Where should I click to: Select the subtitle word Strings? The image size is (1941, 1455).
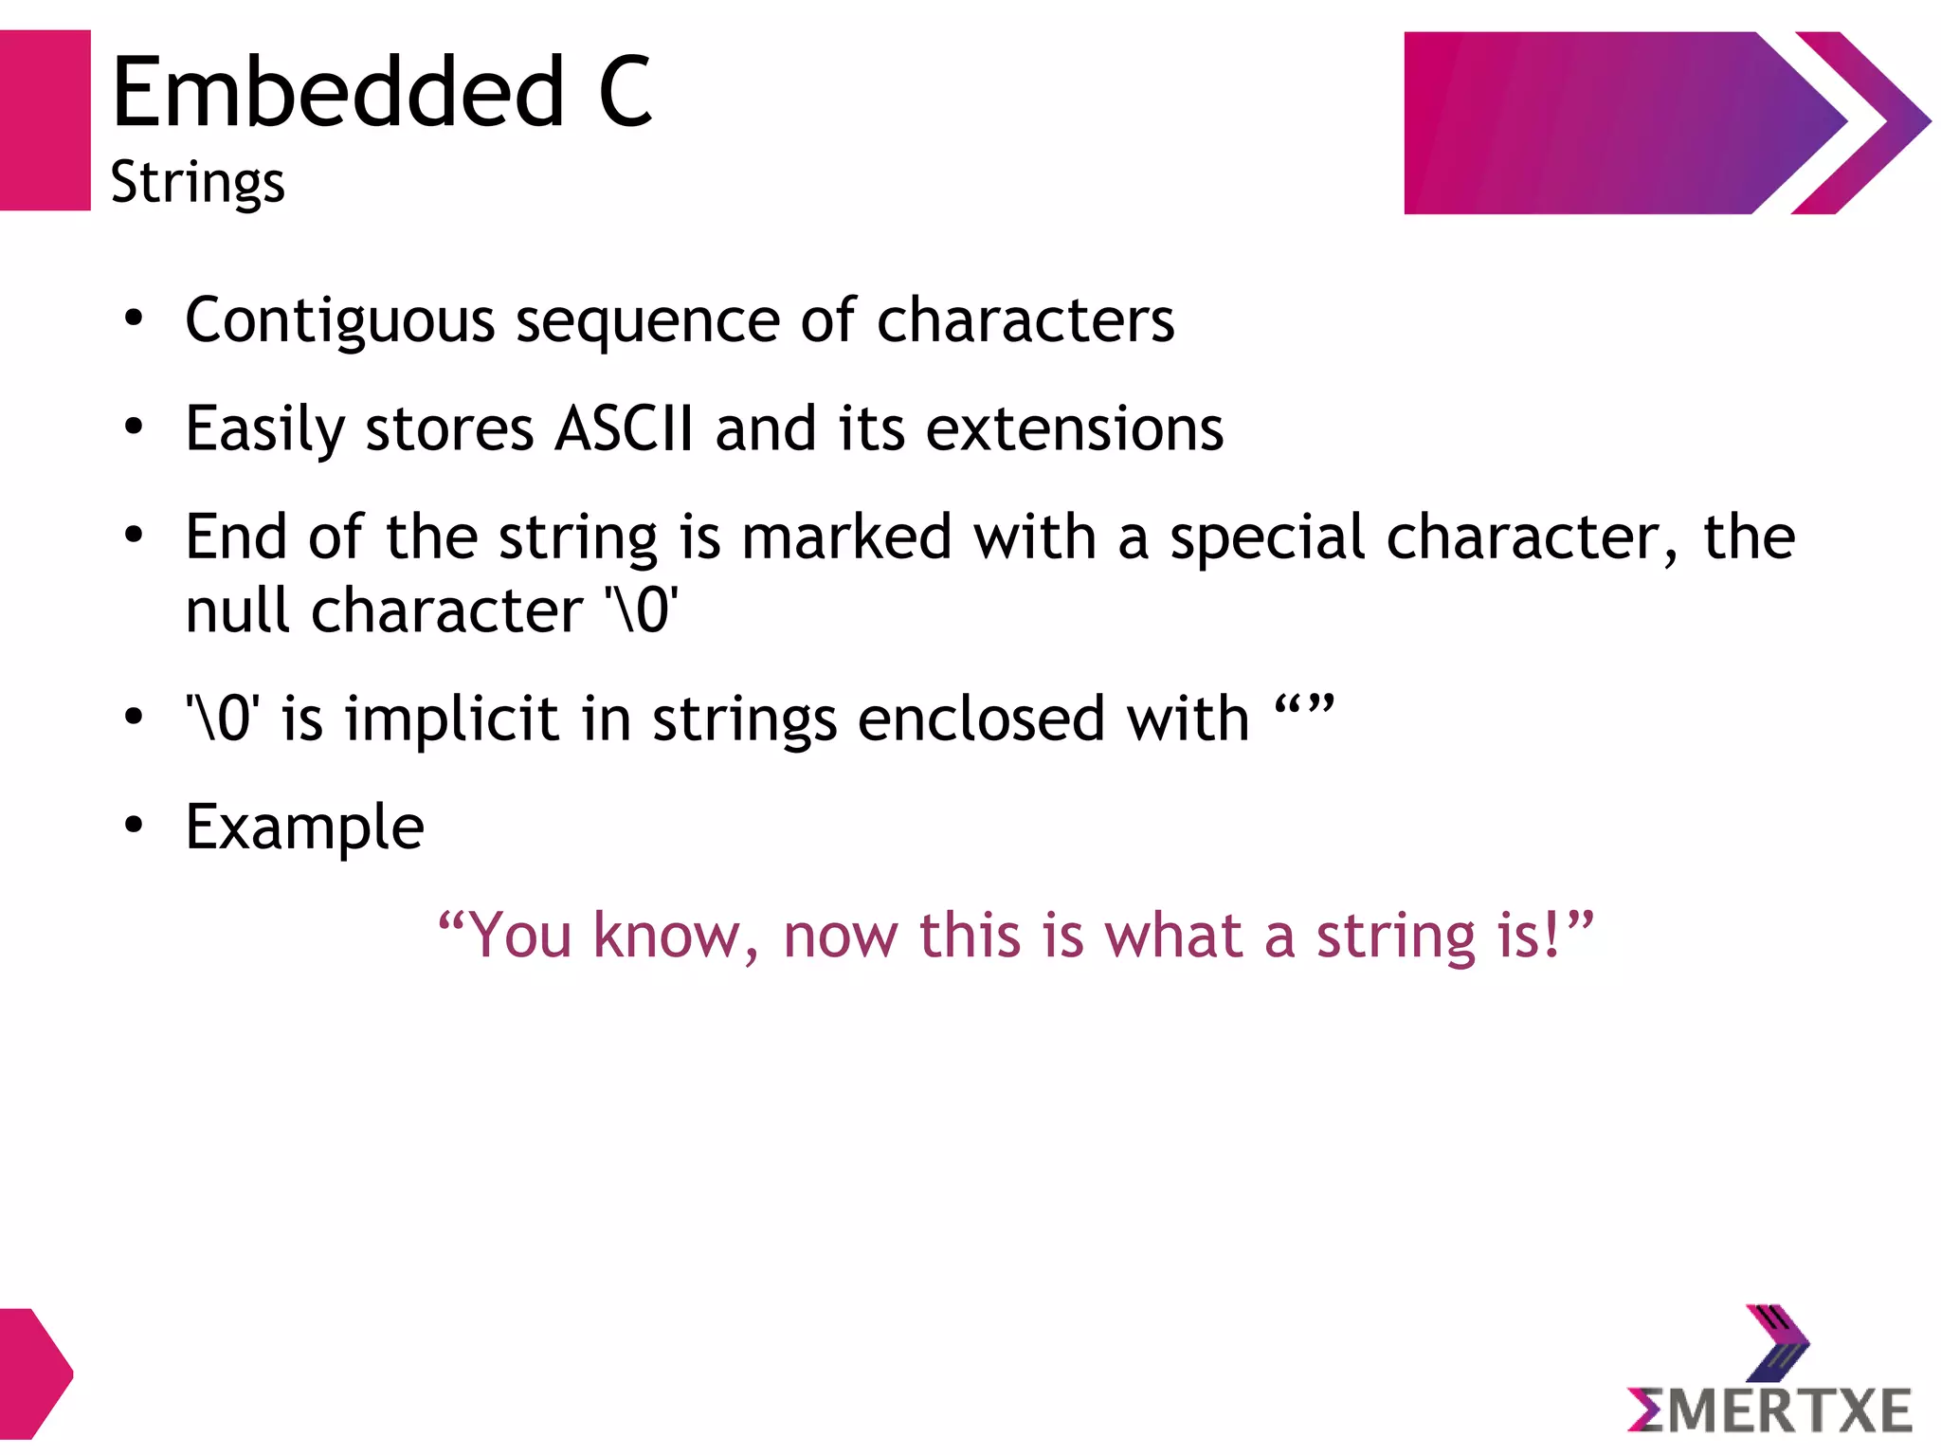(x=197, y=182)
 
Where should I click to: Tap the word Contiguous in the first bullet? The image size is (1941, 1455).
(x=339, y=320)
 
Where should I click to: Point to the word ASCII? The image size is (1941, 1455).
(x=624, y=428)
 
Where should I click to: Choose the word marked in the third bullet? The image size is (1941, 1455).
(x=846, y=537)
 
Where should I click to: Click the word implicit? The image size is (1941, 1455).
(x=451, y=718)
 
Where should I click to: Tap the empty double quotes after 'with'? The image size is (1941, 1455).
(x=1304, y=708)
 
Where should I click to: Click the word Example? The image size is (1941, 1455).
(x=304, y=828)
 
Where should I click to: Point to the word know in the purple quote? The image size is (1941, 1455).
(x=666, y=937)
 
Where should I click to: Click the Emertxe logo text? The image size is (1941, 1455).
(x=1769, y=1410)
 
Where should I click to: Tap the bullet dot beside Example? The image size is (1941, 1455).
(x=134, y=827)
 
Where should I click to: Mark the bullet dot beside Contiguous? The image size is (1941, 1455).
(x=134, y=319)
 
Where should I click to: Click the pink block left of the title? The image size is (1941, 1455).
(x=45, y=120)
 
